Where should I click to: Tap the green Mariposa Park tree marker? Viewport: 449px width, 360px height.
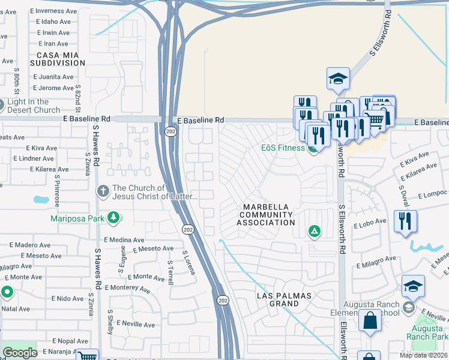tap(113, 218)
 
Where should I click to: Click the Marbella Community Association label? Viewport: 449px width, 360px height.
tap(265, 215)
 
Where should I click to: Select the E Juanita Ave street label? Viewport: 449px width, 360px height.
tap(53, 77)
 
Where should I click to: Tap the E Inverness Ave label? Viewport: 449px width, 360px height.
tap(57, 11)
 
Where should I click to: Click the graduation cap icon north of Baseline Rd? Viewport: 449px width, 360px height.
tap(338, 79)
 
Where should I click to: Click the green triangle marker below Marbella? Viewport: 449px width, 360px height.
tap(313, 231)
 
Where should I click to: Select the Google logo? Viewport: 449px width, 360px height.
tap(20, 353)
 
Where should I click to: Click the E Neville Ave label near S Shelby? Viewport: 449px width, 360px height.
tap(136, 325)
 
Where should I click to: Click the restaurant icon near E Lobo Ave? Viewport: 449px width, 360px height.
tap(405, 220)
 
